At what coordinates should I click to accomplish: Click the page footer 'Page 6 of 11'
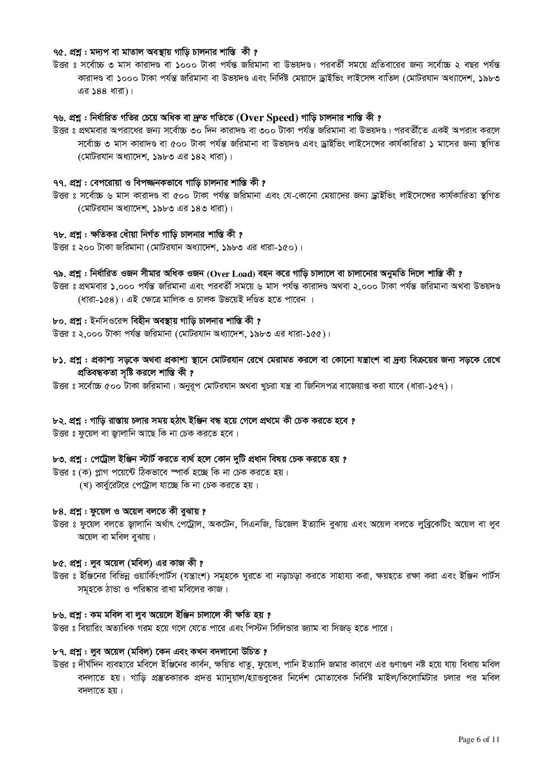pyautogui.click(x=479, y=739)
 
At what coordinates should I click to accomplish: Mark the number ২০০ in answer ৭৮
pyautogui.click(x=86, y=248)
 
